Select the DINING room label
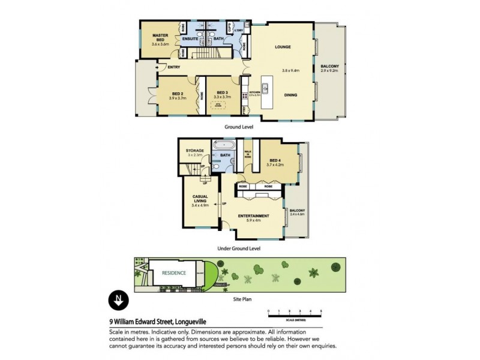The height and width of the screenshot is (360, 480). point(290,95)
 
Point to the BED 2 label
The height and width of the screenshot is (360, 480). point(178,94)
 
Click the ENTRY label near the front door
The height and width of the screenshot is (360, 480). point(174,67)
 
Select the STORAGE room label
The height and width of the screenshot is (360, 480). point(195,151)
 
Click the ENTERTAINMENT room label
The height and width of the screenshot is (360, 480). point(253,215)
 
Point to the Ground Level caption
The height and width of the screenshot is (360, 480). point(239,127)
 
